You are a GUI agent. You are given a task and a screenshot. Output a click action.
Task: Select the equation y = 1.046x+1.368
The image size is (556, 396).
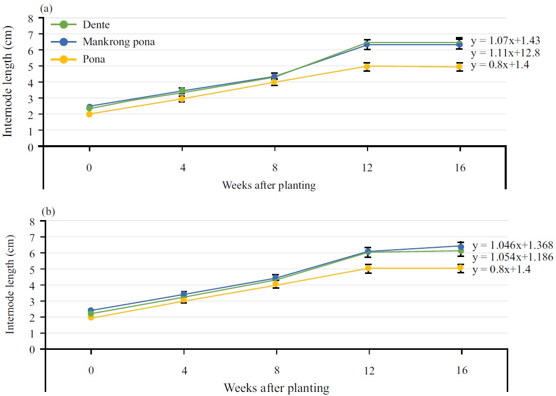[x=512, y=245]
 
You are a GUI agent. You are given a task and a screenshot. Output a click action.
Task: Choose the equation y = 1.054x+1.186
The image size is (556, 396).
[x=512, y=257]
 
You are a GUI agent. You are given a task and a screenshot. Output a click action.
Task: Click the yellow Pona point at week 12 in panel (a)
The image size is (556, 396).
[x=367, y=66]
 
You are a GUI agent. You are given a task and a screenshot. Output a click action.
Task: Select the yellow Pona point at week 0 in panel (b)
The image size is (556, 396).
[x=91, y=318]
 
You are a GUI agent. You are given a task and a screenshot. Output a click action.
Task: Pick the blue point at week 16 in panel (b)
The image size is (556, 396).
[x=461, y=246]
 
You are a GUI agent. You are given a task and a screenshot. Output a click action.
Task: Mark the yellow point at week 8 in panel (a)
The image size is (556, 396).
[x=275, y=82]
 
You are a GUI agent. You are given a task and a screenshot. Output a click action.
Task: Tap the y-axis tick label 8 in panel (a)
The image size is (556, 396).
[x=31, y=18]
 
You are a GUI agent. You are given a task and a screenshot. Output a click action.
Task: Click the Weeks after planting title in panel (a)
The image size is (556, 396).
[x=269, y=185]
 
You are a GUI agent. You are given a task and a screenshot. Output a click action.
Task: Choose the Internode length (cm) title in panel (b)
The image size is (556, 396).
[x=11, y=285]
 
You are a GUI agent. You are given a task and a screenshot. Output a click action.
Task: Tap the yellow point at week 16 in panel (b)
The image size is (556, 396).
[x=461, y=268]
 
